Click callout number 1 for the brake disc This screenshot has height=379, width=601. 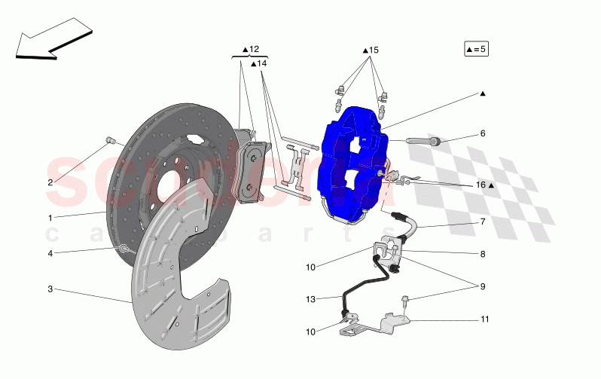click(50, 219)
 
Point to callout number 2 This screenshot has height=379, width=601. click(50, 182)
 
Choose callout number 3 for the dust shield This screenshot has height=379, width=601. click(50, 289)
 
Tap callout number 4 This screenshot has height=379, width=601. click(50, 254)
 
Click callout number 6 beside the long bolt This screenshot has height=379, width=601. click(483, 133)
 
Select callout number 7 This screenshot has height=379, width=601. click(483, 222)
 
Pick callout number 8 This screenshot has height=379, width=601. click(483, 254)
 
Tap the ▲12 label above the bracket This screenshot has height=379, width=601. click(250, 50)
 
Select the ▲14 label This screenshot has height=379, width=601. click(258, 64)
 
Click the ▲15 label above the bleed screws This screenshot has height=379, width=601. click(369, 50)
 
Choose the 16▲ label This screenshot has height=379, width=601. click(484, 185)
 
